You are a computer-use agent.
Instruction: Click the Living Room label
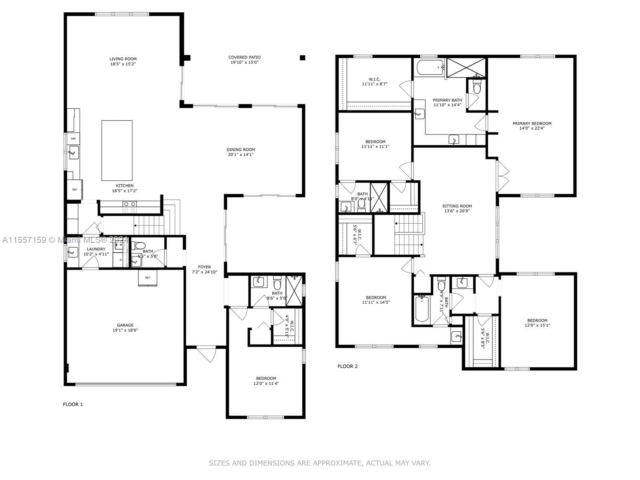point(123,59)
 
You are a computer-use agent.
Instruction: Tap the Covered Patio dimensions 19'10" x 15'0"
point(244,62)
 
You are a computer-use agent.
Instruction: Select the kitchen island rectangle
point(117,150)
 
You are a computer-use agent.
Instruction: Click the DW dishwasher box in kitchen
point(74,139)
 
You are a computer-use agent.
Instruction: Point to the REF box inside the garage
point(148,278)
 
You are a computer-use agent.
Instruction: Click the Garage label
point(125,325)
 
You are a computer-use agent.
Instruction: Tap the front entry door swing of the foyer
point(206,354)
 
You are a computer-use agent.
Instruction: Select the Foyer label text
point(204,267)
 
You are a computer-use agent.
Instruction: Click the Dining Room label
point(240,150)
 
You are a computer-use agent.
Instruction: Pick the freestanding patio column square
point(302,58)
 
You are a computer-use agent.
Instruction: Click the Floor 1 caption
point(73,404)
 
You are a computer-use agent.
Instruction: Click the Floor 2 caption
point(348,366)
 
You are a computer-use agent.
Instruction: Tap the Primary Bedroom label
point(532,124)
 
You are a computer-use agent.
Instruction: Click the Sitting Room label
point(457,206)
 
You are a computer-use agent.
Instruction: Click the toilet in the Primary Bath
point(477,87)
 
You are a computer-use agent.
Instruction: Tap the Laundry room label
point(96,249)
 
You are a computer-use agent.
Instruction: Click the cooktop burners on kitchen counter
point(129,207)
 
